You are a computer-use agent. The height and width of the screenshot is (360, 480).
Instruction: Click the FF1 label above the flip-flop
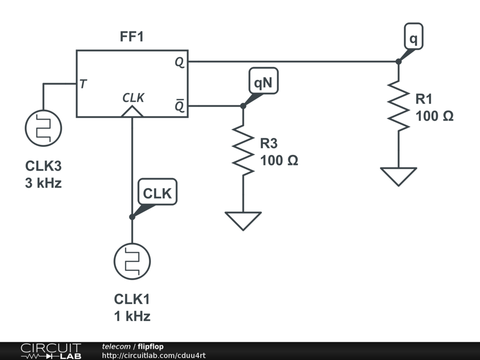(x=132, y=37)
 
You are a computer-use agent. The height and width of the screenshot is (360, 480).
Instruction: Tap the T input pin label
(x=83, y=83)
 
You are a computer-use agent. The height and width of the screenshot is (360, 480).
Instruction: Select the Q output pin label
(x=180, y=62)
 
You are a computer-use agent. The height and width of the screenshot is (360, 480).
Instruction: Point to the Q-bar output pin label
(x=180, y=105)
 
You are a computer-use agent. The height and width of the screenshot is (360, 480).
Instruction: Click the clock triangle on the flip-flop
(x=132, y=112)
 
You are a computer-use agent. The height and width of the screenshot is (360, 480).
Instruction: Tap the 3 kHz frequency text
(x=44, y=183)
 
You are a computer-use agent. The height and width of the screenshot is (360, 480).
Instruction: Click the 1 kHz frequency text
(x=132, y=316)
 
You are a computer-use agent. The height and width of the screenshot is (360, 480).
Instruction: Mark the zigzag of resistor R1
(x=398, y=106)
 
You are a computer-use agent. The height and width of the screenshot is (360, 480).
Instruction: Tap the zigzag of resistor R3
(x=243, y=150)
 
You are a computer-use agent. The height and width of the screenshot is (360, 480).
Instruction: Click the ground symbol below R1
(x=398, y=177)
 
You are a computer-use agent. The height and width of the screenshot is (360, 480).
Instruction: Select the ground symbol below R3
(x=243, y=221)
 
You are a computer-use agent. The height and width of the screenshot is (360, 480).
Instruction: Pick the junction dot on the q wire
(x=398, y=61)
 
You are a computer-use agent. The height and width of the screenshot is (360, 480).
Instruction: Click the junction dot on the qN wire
(x=243, y=106)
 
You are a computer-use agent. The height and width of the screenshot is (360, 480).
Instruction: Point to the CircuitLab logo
(x=51, y=351)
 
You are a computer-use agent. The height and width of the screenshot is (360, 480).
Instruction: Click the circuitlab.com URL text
(x=154, y=355)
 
